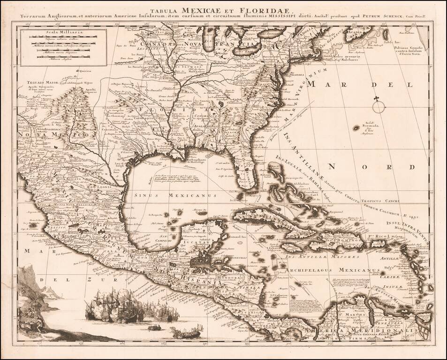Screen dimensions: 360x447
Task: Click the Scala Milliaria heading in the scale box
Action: (x=53, y=33)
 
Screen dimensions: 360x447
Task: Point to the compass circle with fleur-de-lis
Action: (x=379, y=106)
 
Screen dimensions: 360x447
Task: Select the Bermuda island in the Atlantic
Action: (x=356, y=127)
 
